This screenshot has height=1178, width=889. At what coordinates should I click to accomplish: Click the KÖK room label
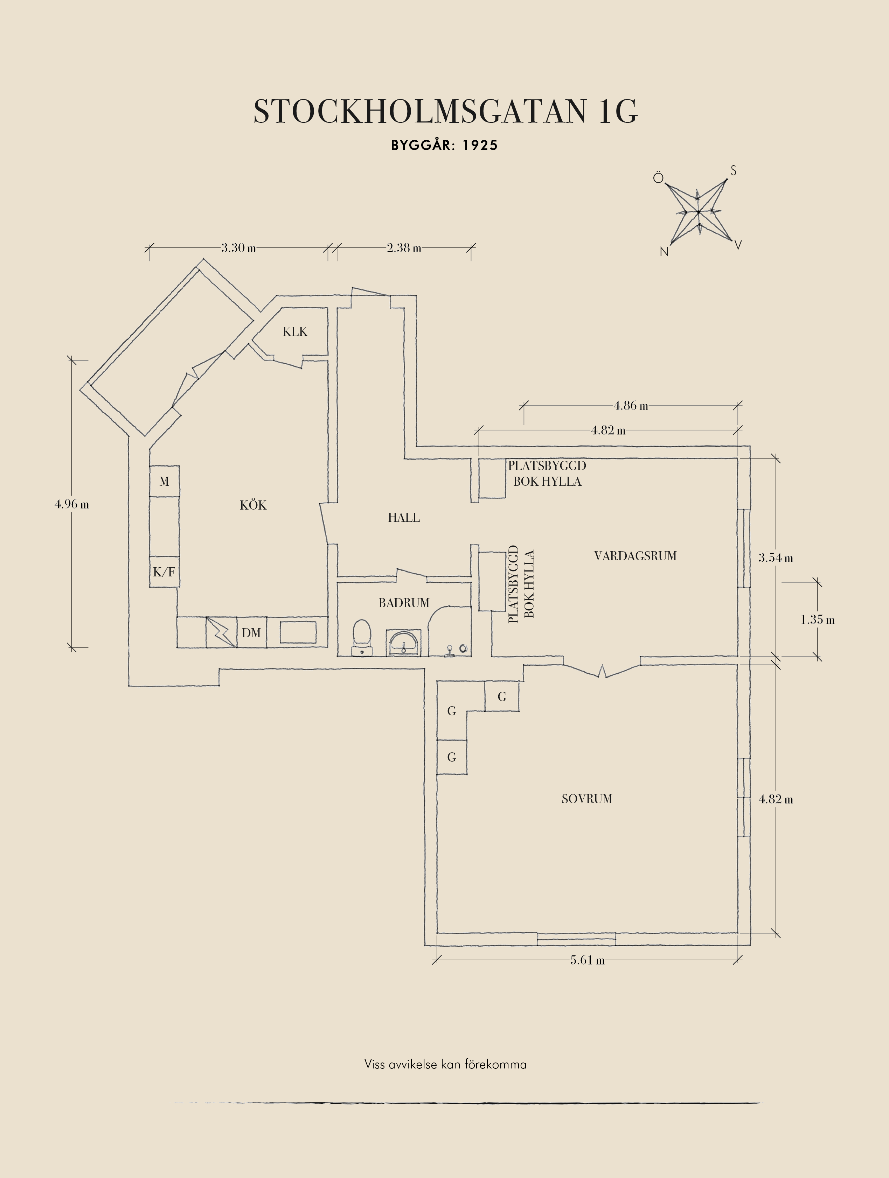(253, 505)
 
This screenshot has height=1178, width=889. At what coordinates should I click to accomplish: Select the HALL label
(404, 518)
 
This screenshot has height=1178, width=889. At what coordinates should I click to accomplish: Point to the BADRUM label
(404, 603)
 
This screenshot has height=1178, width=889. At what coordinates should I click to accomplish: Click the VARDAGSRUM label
(635, 556)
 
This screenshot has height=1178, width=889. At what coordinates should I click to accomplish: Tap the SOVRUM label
(587, 799)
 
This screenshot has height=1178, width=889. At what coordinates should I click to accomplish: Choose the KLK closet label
(295, 332)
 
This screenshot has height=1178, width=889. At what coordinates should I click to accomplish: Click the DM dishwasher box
(251, 633)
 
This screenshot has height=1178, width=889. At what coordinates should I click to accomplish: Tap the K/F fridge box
(164, 572)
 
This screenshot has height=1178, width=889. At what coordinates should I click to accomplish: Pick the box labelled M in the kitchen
(164, 482)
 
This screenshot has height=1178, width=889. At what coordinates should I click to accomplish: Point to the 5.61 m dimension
(587, 961)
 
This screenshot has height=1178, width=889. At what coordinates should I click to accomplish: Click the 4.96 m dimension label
(72, 504)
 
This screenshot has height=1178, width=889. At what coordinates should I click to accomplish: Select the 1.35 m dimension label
(818, 620)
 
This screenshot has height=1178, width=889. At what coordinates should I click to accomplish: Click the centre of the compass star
(698, 212)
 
